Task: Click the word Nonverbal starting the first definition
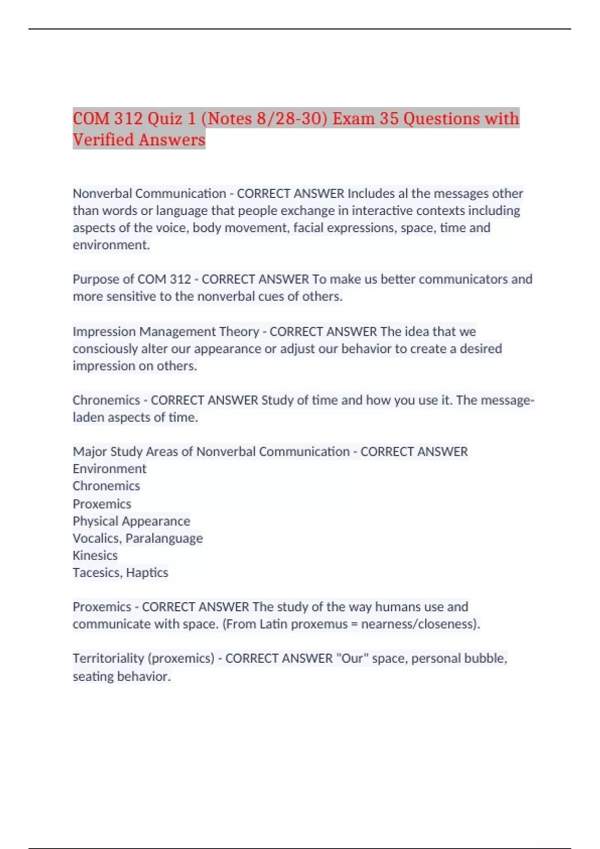[x=102, y=193]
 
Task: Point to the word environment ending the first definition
[x=110, y=245]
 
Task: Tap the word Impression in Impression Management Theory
[x=104, y=332]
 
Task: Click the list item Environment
[x=109, y=469]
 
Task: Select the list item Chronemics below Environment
[x=106, y=486]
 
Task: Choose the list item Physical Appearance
[x=131, y=521]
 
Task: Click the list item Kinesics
[x=95, y=555]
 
